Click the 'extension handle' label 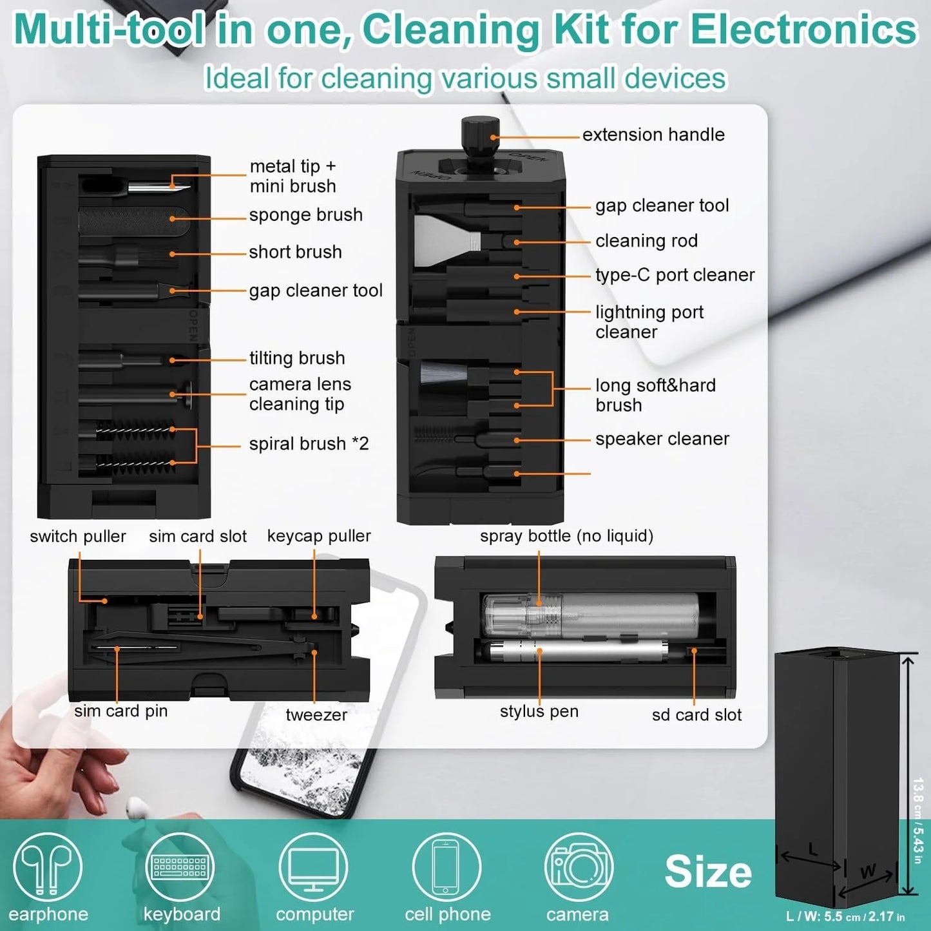pyautogui.click(x=653, y=135)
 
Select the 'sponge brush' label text pyautogui.click(x=305, y=215)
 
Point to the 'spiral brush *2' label pyautogui.click(x=309, y=444)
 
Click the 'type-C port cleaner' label pyautogui.click(x=674, y=275)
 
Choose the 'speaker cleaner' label pyautogui.click(x=662, y=439)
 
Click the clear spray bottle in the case pyautogui.click(x=590, y=615)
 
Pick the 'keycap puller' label pyautogui.click(x=319, y=536)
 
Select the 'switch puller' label pyautogui.click(x=78, y=537)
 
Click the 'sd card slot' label pyautogui.click(x=696, y=715)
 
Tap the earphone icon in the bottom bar pyautogui.click(x=48, y=867)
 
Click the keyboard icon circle pyautogui.click(x=180, y=867)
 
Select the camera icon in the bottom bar pyautogui.click(x=578, y=867)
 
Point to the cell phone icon pyautogui.click(x=446, y=867)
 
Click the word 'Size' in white pyautogui.click(x=707, y=872)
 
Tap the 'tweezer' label pyautogui.click(x=316, y=715)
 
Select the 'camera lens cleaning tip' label pyautogui.click(x=300, y=394)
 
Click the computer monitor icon pyautogui.click(x=313, y=867)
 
